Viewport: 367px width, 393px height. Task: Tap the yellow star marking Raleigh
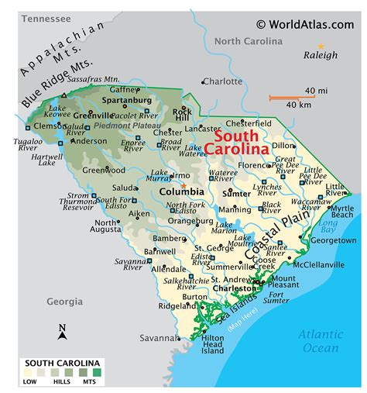(321, 46)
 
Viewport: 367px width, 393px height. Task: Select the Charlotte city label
(223, 81)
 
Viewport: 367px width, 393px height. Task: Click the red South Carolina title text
(241, 141)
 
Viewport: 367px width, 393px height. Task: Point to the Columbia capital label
(181, 191)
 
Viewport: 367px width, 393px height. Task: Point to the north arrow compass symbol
(62, 333)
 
